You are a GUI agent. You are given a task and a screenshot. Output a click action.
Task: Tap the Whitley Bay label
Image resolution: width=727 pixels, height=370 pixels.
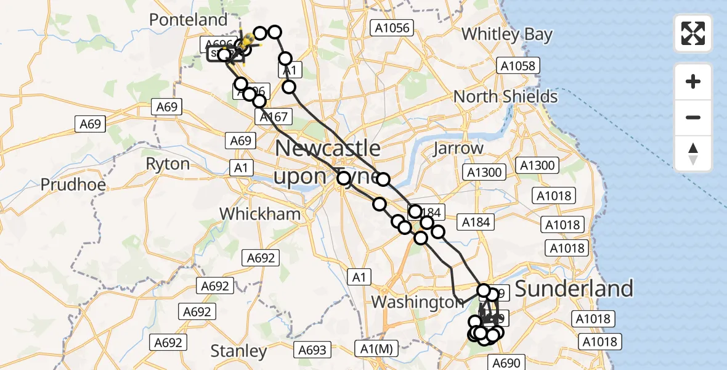[x=507, y=35]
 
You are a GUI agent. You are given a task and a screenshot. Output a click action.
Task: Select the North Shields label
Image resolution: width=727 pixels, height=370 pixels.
[x=505, y=97]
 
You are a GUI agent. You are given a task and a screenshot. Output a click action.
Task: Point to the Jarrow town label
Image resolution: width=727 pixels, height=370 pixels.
[x=458, y=149]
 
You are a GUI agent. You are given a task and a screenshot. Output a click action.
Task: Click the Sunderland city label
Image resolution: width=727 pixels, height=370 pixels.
[x=574, y=289]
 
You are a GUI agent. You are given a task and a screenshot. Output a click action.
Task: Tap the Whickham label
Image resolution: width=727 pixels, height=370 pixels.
[x=261, y=214]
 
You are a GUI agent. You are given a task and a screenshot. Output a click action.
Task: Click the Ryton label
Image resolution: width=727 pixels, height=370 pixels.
[x=168, y=164]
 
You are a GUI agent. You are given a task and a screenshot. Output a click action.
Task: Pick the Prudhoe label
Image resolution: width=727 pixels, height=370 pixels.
[x=65, y=184]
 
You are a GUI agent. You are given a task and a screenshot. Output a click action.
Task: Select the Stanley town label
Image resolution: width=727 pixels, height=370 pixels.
[x=238, y=351]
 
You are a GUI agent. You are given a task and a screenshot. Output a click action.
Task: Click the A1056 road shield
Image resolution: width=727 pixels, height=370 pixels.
[x=391, y=27]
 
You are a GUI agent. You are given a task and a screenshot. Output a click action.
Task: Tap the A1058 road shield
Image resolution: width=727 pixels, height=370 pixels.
[x=519, y=66]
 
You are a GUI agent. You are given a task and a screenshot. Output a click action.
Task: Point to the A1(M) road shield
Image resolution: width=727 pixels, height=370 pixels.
[x=376, y=350]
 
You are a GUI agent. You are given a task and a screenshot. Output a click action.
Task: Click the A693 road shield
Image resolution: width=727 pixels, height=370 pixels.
[x=312, y=350]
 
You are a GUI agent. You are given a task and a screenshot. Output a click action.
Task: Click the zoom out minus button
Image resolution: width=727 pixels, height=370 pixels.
[x=693, y=117]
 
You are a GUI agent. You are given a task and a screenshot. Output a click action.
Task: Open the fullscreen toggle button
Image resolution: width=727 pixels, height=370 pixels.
[x=693, y=33]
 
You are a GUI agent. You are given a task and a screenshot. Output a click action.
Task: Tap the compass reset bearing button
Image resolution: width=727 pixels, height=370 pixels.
[x=693, y=154]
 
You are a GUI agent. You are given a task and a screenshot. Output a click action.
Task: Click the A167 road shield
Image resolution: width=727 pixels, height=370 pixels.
[x=274, y=117]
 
